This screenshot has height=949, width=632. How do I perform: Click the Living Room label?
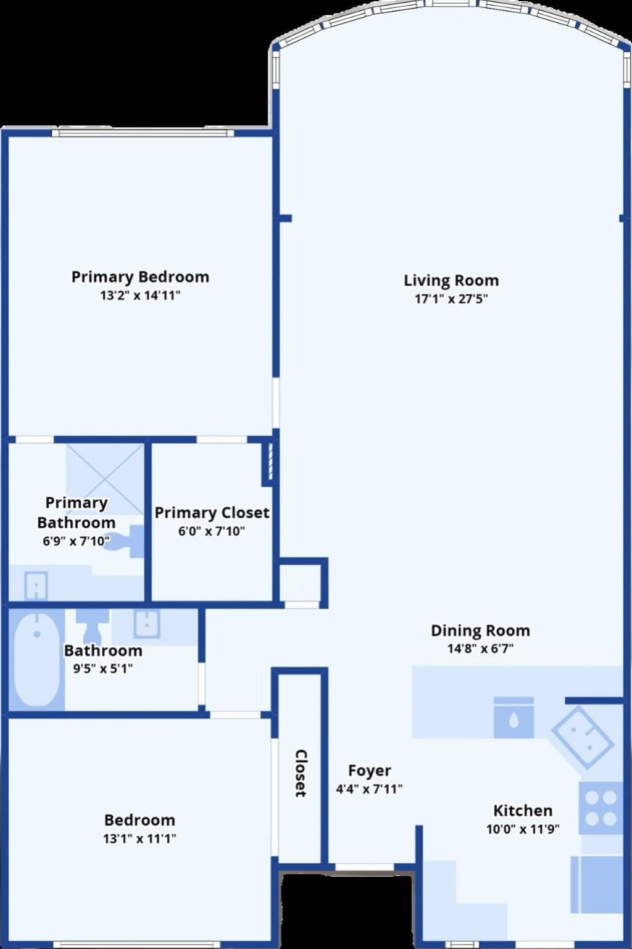coord(451,280)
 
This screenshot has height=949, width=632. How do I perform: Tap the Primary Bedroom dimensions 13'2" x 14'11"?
coord(140,296)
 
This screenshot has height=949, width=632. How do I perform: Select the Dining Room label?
coord(480,631)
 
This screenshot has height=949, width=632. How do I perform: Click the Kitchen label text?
coord(522,810)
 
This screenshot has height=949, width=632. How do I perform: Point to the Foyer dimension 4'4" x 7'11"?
coord(369,789)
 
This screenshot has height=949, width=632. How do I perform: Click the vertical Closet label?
coord(301,773)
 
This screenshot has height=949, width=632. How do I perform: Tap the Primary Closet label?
coord(212,513)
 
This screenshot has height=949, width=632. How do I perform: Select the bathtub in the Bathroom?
coord(37,658)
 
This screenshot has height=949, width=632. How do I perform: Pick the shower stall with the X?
coord(105,479)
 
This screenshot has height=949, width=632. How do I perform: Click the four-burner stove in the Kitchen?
coord(601,808)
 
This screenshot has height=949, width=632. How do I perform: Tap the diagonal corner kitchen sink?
coord(583,737)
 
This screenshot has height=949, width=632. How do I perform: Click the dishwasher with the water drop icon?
coord(513,718)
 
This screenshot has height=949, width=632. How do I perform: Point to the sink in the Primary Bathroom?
coord(36,586)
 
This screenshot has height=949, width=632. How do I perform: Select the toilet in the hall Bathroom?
coord(92,625)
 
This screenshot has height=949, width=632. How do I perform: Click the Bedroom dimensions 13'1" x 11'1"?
coord(139,839)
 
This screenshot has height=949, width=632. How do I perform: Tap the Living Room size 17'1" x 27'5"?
coord(451,299)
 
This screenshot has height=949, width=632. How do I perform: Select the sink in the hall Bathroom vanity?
coord(147,623)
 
